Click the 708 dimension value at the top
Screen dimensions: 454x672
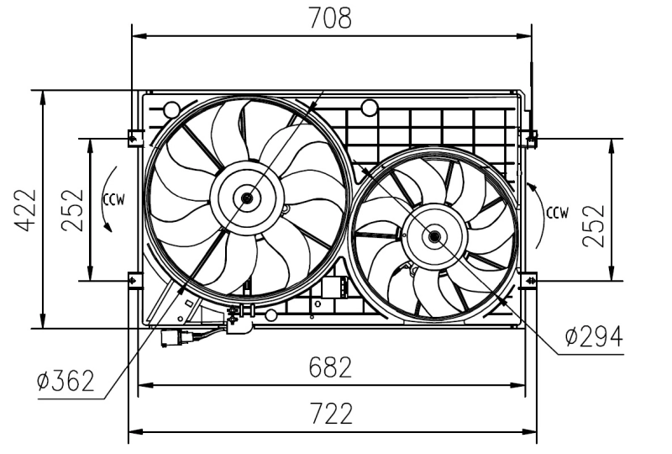(x=330, y=18)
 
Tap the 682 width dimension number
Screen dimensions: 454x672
(x=330, y=367)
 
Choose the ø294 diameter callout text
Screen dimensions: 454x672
(x=593, y=336)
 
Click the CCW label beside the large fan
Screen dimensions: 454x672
(x=114, y=199)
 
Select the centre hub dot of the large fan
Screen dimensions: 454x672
(x=247, y=198)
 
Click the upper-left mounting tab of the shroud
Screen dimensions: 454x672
(x=134, y=136)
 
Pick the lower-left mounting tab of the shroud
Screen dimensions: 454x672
(x=134, y=279)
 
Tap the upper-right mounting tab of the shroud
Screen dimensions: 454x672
(x=529, y=136)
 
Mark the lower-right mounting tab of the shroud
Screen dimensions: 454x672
(x=529, y=279)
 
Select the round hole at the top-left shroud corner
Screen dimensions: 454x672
(x=171, y=108)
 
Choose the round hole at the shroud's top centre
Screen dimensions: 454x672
(x=368, y=108)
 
